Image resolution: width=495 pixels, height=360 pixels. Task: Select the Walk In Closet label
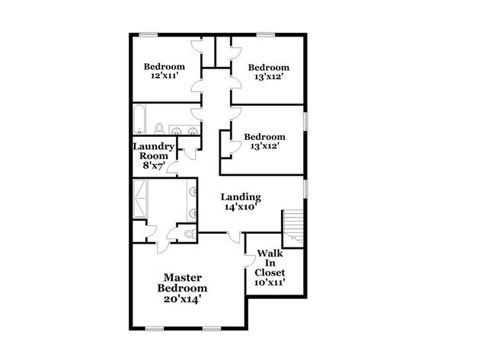270,263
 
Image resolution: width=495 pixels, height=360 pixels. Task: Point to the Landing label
241,196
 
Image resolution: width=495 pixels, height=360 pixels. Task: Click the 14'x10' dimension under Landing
241,207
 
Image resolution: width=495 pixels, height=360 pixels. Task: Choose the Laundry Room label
154,151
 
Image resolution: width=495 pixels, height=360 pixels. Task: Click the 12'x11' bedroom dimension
164,77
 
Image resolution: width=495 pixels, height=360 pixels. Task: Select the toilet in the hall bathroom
160,127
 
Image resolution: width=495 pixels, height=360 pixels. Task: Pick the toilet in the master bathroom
189,234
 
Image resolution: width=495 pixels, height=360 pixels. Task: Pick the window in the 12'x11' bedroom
149,33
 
